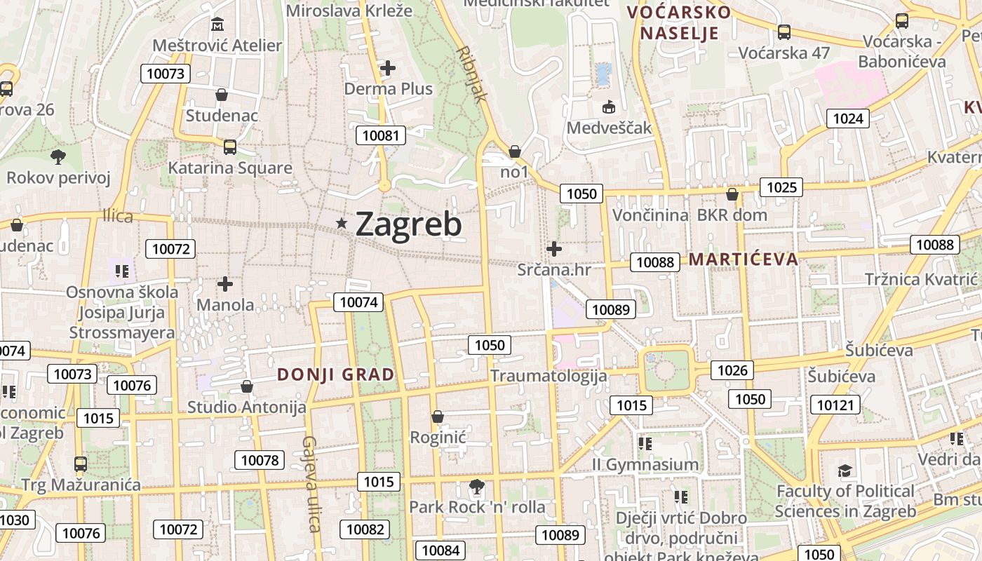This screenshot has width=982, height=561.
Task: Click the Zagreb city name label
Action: [408, 224]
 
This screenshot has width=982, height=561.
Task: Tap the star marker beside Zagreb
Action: [342, 223]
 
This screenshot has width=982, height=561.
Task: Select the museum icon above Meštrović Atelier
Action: [217, 25]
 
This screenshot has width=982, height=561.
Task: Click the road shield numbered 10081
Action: [382, 135]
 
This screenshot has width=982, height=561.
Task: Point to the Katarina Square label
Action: [230, 168]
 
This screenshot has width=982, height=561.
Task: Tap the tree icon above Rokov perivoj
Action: [58, 156]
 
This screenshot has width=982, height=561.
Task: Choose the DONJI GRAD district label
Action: [336, 374]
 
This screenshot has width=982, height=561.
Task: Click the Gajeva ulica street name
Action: [311, 484]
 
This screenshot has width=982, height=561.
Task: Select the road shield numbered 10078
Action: [260, 460]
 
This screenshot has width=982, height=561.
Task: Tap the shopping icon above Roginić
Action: [438, 417]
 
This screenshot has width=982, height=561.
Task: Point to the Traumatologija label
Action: [549, 376]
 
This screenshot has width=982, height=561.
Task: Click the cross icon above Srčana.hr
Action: [554, 248]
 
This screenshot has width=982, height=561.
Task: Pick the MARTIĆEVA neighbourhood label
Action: [744, 259]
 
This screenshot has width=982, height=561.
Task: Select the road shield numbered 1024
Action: [847, 119]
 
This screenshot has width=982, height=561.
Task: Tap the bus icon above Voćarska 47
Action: [784, 32]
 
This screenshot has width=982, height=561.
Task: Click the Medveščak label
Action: [610, 128]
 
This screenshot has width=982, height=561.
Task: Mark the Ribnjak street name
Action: [471, 74]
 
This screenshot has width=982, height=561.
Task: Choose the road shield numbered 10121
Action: [835, 405]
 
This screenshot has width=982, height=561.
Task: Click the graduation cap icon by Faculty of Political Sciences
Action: [845, 471]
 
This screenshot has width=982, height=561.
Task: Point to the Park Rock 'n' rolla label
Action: [477, 507]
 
